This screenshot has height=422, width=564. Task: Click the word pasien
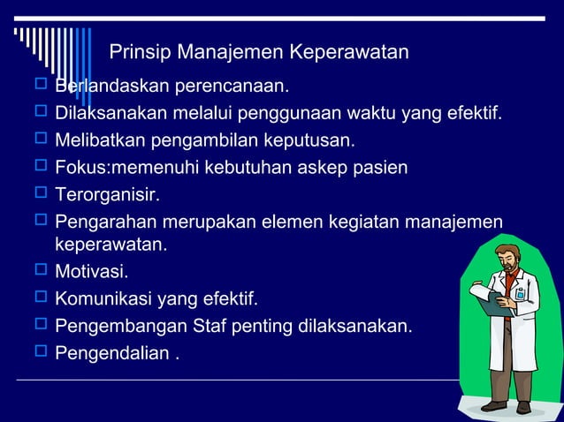pos(381,167)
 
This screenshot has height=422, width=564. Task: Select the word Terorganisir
pos(101,193)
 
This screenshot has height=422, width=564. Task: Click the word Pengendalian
pos(111,353)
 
